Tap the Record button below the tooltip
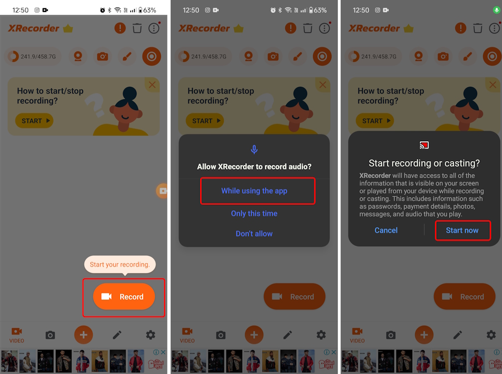tap(124, 297)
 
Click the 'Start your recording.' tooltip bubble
tap(120, 264)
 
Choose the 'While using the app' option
tap(254, 191)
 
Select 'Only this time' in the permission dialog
tap(254, 213)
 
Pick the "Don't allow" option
tap(254, 233)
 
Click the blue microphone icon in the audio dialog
tap(254, 149)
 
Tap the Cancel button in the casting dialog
tap(386, 230)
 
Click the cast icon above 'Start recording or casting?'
tap(424, 146)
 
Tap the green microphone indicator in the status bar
tap(497, 10)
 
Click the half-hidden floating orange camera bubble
tap(162, 190)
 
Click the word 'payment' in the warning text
tap(417, 206)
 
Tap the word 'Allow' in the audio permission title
tap(207, 167)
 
